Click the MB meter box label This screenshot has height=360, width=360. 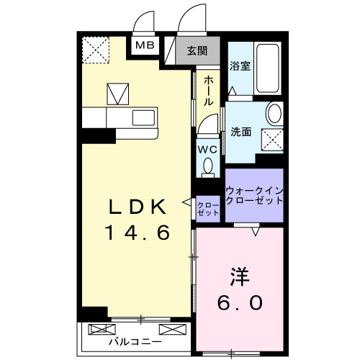pyautogui.click(x=145, y=46)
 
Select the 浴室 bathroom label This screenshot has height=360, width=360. pyautogui.click(x=239, y=66)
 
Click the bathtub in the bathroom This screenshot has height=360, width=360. pyautogui.click(x=268, y=70)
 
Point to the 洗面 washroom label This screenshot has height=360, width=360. pyautogui.click(x=240, y=132)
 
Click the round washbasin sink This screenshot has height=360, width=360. pyautogui.click(x=274, y=114)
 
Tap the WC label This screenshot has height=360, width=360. pyautogui.click(x=207, y=149)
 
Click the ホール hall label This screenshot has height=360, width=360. pyautogui.click(x=208, y=91)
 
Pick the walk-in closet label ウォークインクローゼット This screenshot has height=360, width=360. pyautogui.click(x=254, y=195)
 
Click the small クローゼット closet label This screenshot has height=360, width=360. pyautogui.click(x=208, y=209)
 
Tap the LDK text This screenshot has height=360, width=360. pyautogui.click(x=138, y=207)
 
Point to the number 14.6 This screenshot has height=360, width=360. pyautogui.click(x=138, y=234)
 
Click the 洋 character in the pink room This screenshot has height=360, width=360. pyautogui.click(x=240, y=276)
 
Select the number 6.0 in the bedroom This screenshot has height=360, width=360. pyautogui.click(x=240, y=303)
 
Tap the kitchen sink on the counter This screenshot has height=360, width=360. pyautogui.click(x=142, y=117)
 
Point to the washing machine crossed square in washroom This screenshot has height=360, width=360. pyautogui.click(x=272, y=138)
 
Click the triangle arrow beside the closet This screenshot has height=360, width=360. pyautogui.click(x=186, y=203)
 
